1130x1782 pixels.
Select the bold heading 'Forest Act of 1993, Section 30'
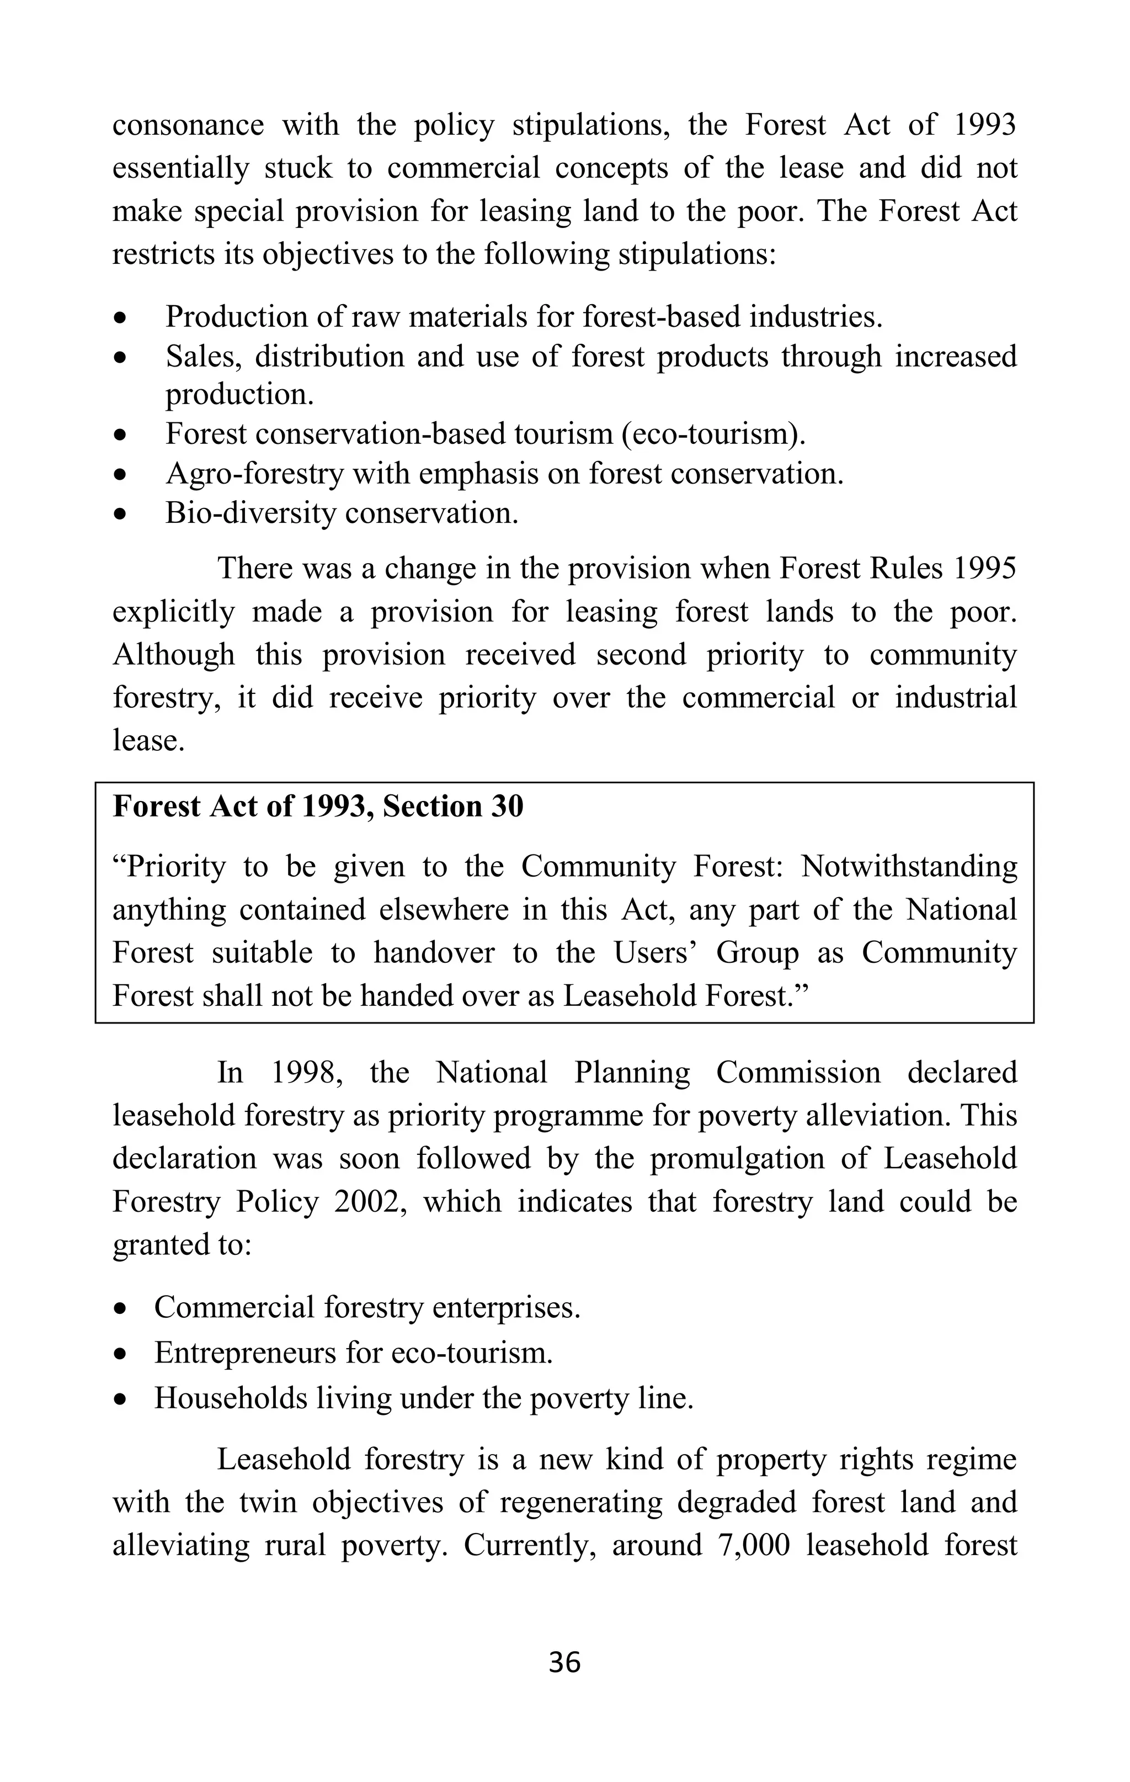pyautogui.click(x=318, y=806)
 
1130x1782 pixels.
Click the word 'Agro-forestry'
pyautogui.click(x=254, y=474)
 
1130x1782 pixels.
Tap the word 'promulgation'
pyautogui.click(x=737, y=1158)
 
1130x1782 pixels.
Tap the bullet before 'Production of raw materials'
pyautogui.click(x=120, y=318)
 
